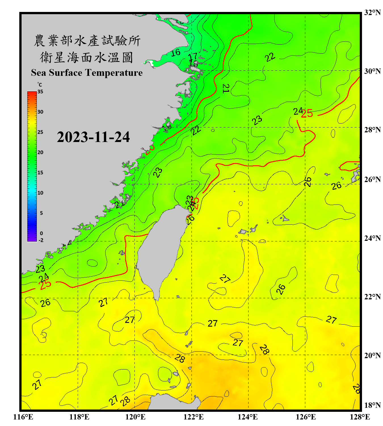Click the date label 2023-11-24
pos(93,137)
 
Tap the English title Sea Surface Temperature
pos(87,73)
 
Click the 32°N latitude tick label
pos(372,12)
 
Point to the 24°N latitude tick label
pos(372,238)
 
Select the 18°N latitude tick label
pos(372,405)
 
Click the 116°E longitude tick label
pos(23,417)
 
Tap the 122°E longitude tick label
pos(193,417)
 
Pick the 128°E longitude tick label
pos(360,417)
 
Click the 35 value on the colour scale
pos(40,92)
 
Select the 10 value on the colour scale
pos(40,193)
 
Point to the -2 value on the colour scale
pos(41,240)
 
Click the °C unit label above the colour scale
pos(40,85)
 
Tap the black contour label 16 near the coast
pos(176,52)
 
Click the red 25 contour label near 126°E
pos(307,114)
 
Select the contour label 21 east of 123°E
pos(226,88)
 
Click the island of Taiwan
pos(160,250)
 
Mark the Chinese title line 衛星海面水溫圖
pos(87,57)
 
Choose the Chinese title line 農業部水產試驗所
pos(87,41)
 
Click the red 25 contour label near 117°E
pos(45,285)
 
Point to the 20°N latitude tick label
pos(372,355)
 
